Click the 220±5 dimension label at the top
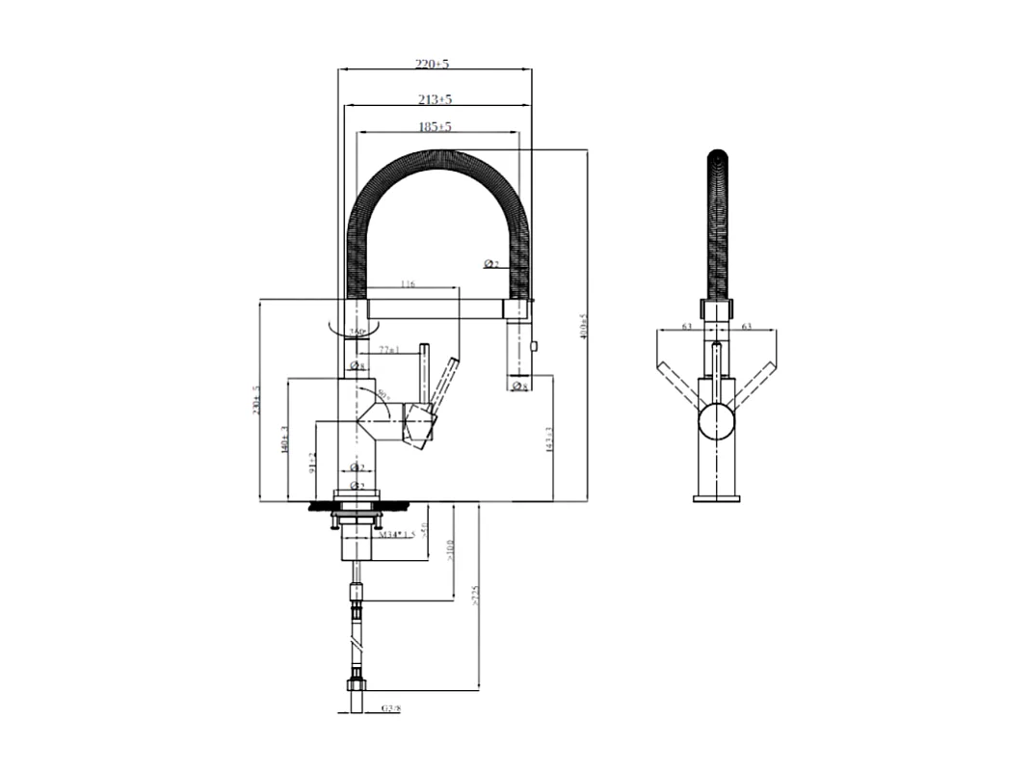[x=433, y=64]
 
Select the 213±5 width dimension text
[x=436, y=99]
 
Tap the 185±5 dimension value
[x=436, y=126]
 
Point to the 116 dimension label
[x=406, y=285]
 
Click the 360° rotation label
[x=357, y=333]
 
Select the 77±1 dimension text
[x=388, y=350]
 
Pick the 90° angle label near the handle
[x=383, y=394]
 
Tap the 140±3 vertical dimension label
[x=285, y=440]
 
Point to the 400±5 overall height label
[x=582, y=328]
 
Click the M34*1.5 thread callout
[x=396, y=534]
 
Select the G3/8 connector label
[x=390, y=708]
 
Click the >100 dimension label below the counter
[x=450, y=549]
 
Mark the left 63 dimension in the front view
[x=686, y=327]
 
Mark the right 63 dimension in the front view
[x=747, y=327]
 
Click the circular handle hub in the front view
[x=716, y=421]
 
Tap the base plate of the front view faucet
[x=716, y=497]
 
